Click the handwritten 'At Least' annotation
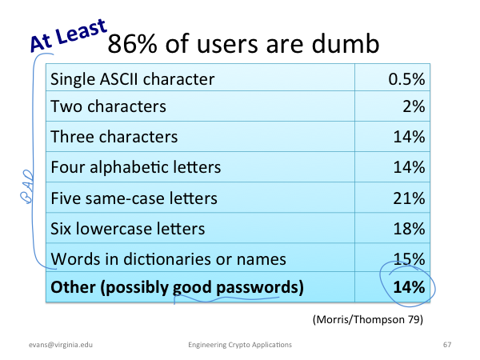pos(69,35)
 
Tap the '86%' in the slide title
pos(132,44)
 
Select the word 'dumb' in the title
pos(346,43)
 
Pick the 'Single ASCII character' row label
pos(133,79)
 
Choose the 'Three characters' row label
pos(114,137)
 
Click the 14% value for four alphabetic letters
pos(409,167)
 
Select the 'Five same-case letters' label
pos(134,198)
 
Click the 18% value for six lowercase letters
pos(409,229)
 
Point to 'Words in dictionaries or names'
pos(168,259)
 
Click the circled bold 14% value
pos(409,287)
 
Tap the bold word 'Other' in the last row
pos(73,287)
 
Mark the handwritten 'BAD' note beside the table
pos(26,186)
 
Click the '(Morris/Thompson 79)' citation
pos(368,319)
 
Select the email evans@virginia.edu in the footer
pos(61,345)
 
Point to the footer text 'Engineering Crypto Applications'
pos(240,345)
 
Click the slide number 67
pos(447,345)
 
